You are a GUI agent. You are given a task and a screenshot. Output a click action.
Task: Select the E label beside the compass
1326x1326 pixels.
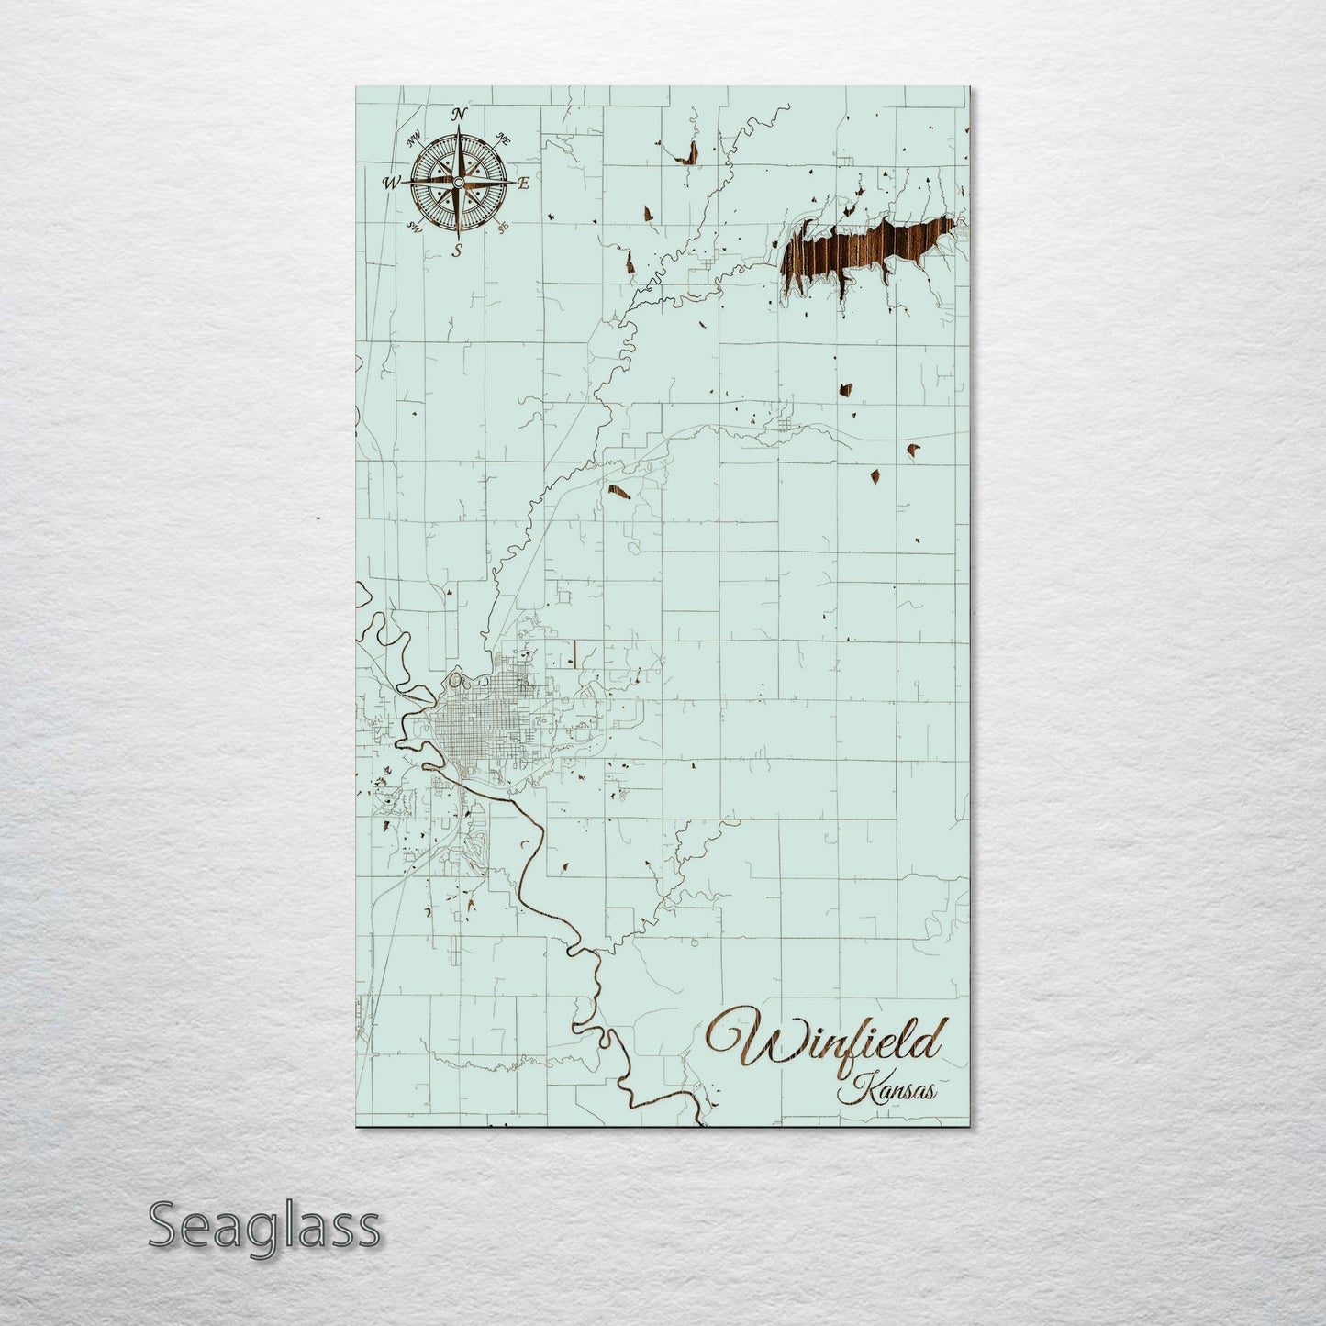[524, 184]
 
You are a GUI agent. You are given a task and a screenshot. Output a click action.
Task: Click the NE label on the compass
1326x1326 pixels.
[503, 139]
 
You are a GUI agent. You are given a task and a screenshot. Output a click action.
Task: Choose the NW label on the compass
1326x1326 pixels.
[415, 138]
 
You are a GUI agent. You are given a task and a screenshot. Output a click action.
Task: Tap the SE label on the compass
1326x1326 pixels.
[503, 228]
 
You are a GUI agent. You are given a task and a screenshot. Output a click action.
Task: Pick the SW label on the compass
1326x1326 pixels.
[415, 227]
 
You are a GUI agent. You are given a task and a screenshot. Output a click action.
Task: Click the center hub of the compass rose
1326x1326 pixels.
[458, 184]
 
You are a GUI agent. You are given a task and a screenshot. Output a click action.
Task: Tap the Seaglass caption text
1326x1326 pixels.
[263, 1225]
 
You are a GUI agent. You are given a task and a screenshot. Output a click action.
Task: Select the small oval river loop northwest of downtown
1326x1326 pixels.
[456, 681]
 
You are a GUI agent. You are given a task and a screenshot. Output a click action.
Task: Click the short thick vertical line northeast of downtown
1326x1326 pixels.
[573, 652]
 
